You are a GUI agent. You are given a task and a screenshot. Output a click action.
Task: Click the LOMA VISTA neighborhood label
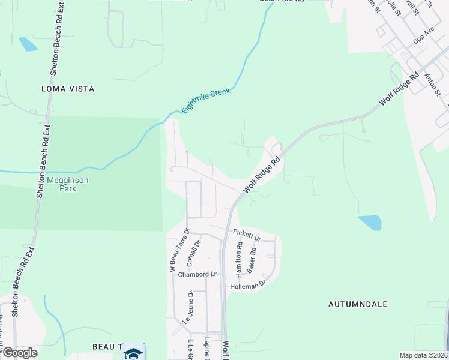(x=68, y=89)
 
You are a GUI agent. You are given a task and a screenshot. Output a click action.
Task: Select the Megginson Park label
(x=62, y=184)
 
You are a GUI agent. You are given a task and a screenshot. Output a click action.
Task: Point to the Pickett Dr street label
(x=247, y=235)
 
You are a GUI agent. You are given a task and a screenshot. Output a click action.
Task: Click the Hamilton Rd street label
(x=239, y=260)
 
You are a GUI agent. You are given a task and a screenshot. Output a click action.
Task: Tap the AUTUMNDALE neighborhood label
(x=358, y=304)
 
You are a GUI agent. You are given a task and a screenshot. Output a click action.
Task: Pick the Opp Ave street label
(x=424, y=35)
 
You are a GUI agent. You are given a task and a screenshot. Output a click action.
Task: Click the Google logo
(x=19, y=353)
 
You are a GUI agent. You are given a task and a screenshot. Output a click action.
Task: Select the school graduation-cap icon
(x=133, y=353)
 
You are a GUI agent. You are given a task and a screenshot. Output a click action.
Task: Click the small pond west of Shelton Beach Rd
(x=28, y=44)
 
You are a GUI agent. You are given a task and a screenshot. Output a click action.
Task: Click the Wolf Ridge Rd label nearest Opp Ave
(x=399, y=91)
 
